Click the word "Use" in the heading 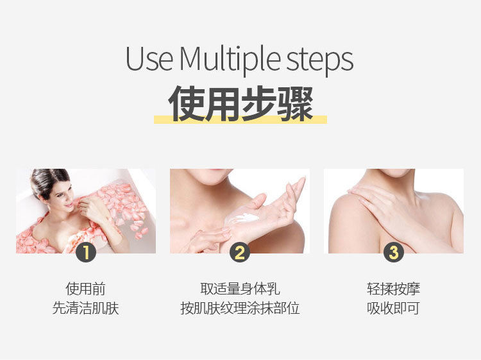pos(149,58)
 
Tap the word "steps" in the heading pos(319,62)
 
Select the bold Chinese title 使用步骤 pos(240,103)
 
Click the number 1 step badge pos(86,253)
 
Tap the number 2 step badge pos(240,253)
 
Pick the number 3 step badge pos(394,253)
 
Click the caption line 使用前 pos(85,289)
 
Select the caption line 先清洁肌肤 pos(85,308)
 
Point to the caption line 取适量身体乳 pos(240,289)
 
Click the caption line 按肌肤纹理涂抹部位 pos(240,308)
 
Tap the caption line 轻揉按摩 pos(394,289)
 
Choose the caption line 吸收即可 pos(394,308)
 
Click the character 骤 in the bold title pos(296,103)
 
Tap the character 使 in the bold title pos(186,103)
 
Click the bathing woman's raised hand pos(89,209)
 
